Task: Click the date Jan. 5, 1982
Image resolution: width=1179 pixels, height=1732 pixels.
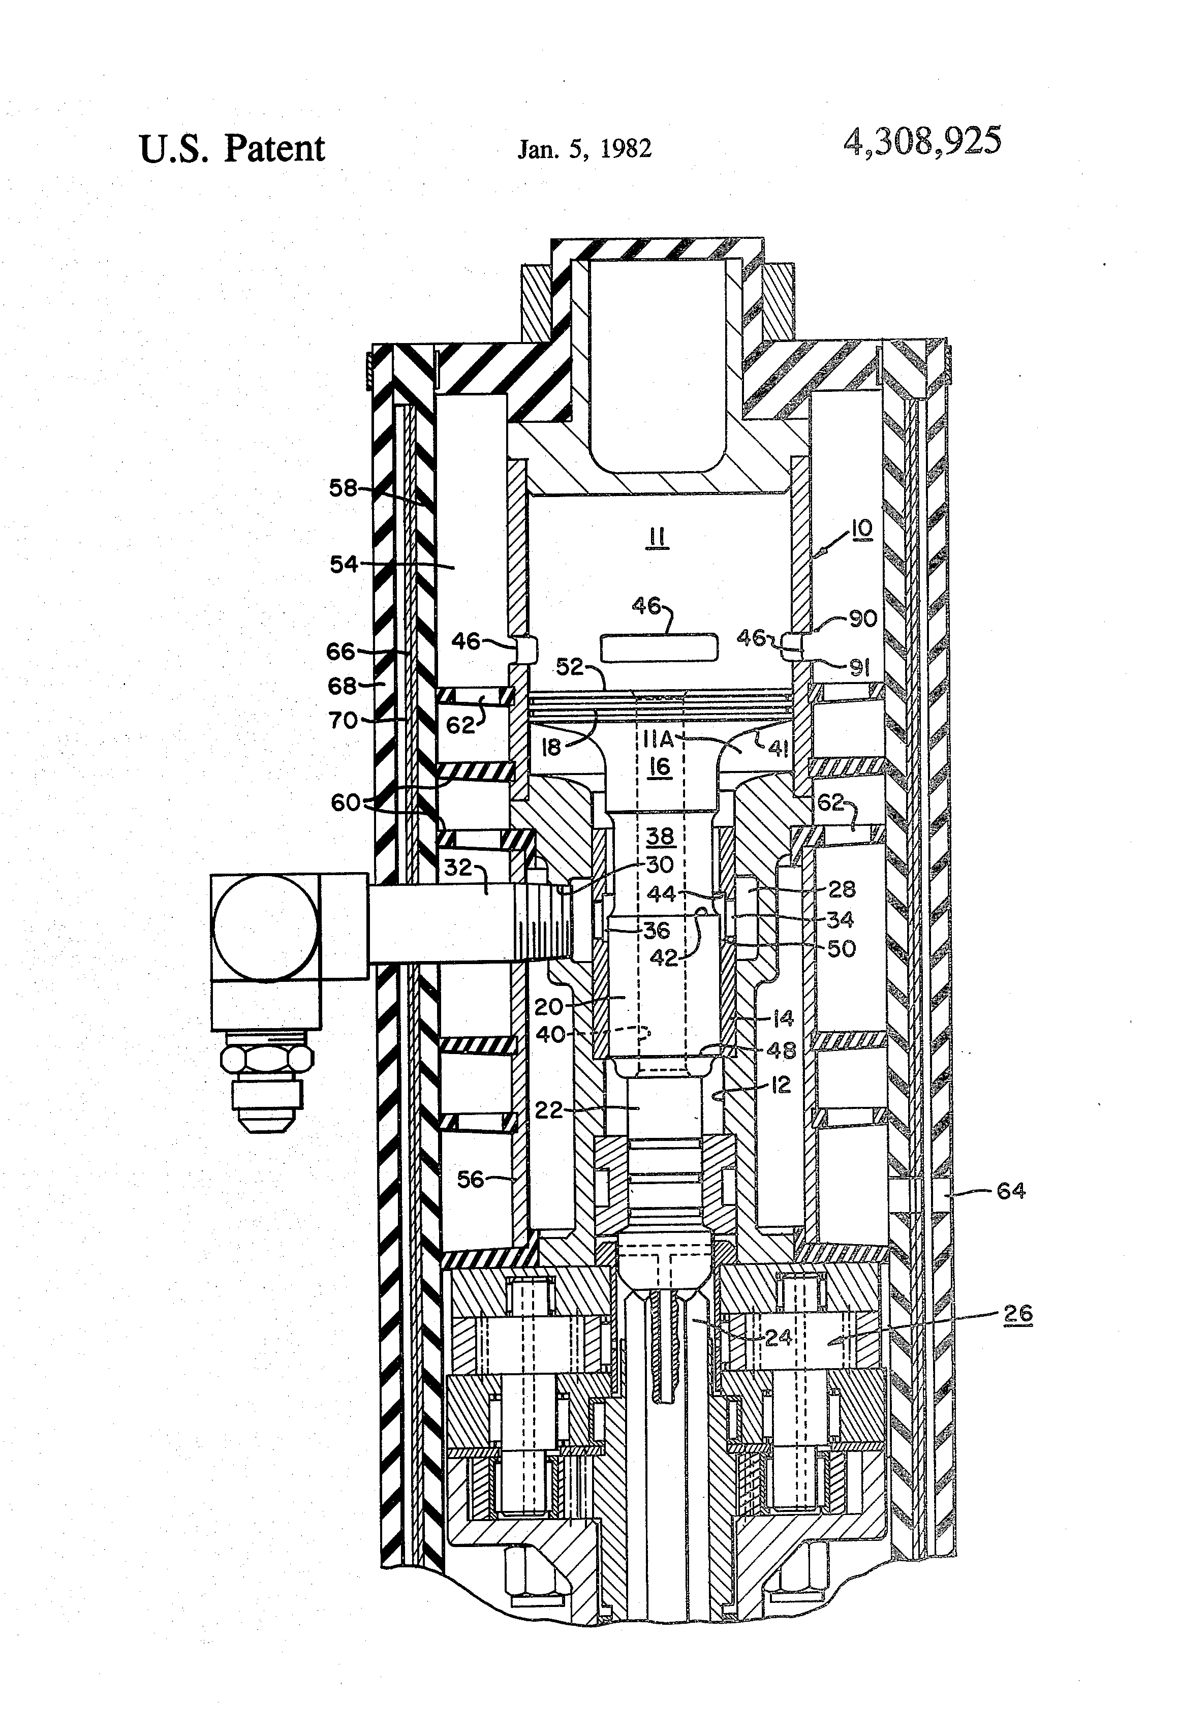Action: tap(584, 148)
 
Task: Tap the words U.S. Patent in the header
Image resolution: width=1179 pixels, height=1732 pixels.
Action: tap(232, 148)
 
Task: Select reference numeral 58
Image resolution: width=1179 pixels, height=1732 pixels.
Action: tap(344, 488)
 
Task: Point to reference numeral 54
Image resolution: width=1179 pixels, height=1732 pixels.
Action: tap(344, 564)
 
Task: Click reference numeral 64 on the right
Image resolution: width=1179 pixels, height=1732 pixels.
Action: tap(1011, 1190)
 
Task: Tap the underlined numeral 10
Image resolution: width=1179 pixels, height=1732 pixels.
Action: tap(861, 529)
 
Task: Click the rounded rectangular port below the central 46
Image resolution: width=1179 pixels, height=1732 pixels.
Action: tap(660, 647)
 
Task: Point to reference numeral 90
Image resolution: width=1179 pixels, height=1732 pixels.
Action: tap(862, 618)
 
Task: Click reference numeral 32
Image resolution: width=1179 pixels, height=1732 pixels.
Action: tap(459, 867)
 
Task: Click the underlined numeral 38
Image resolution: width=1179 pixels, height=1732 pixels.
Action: tap(660, 836)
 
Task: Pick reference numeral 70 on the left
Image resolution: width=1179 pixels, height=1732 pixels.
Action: tap(344, 720)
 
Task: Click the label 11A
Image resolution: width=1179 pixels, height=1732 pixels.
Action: tap(657, 738)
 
